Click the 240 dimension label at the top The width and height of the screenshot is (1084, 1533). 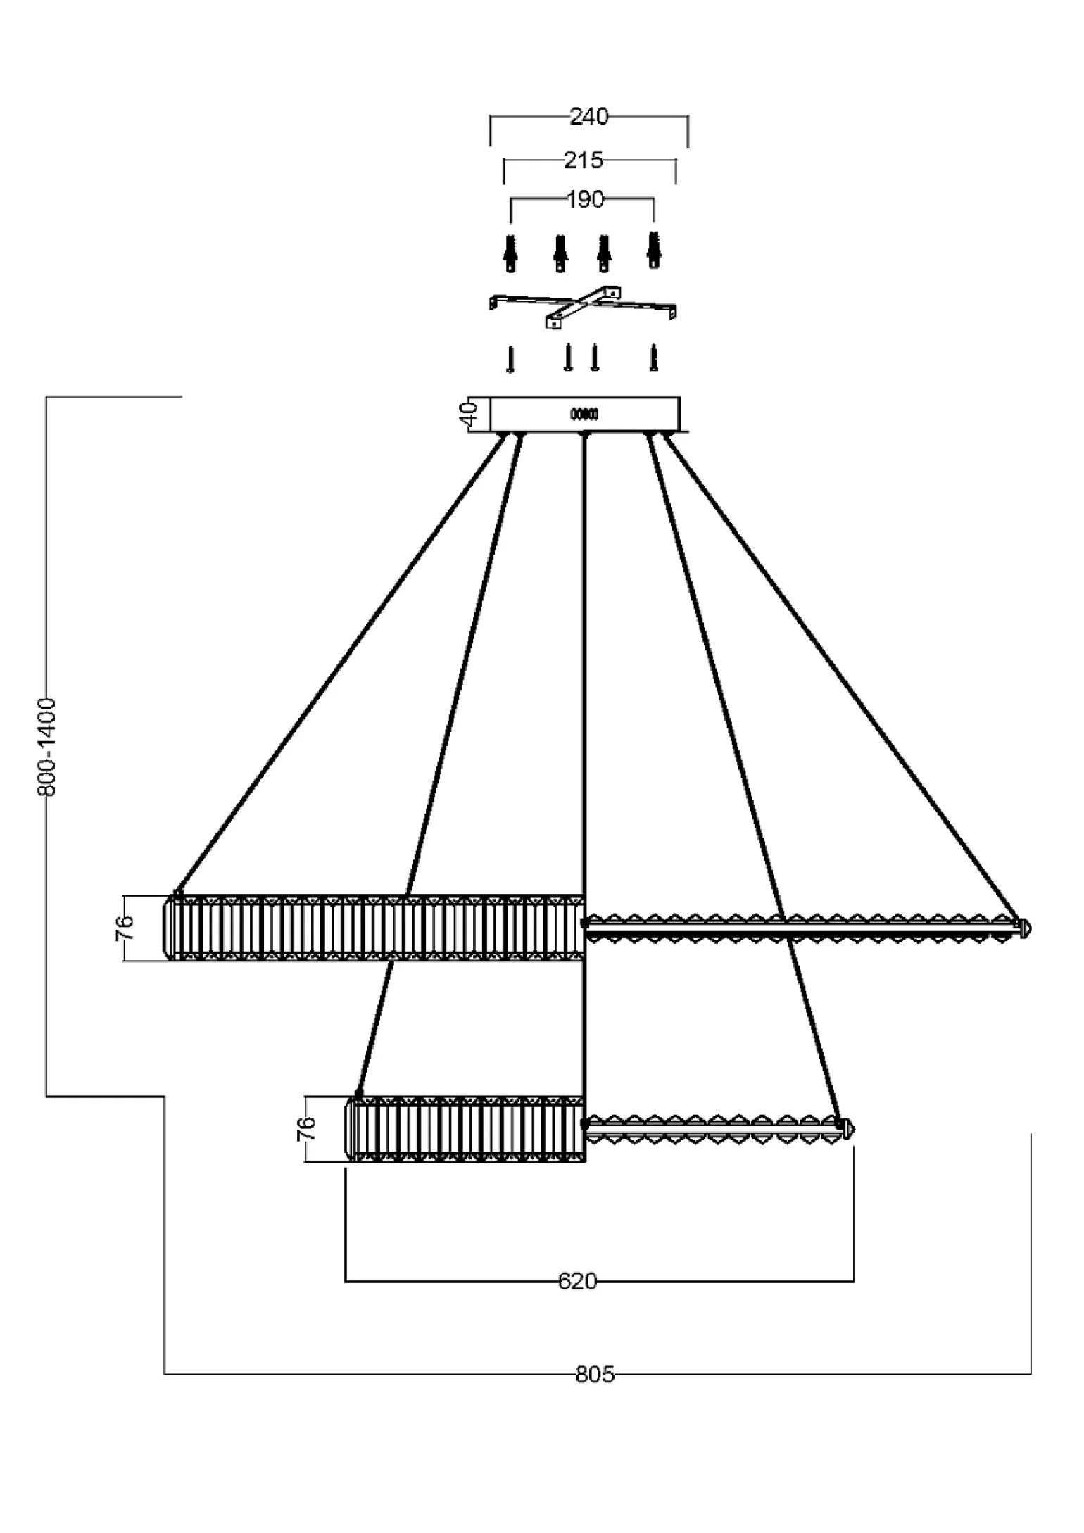588,117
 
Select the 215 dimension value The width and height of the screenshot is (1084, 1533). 584,161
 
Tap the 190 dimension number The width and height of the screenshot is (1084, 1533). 585,200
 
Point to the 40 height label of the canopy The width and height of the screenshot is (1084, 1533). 470,414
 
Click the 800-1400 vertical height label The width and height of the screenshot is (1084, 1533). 46,747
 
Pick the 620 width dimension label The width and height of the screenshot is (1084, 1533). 577,1282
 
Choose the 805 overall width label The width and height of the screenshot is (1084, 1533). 595,1374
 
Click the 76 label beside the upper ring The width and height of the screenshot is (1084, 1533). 124,928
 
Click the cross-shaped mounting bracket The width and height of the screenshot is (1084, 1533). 582,308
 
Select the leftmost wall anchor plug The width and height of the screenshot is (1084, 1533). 511,253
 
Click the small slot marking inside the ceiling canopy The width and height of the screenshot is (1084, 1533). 584,415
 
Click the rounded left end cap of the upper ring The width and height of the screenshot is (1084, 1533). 170,928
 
